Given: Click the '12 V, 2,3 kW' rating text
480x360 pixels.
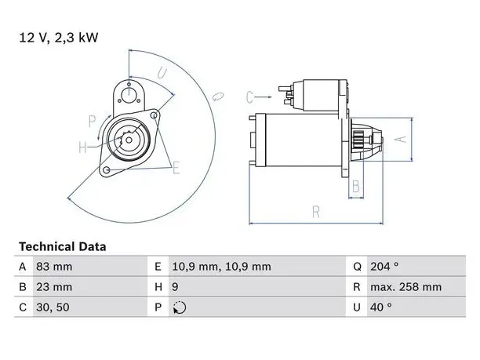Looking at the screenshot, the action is coord(59,38).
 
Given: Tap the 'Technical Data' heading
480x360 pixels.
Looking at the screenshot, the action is coord(63,247).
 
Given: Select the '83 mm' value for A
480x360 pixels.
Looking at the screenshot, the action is coord(54,267).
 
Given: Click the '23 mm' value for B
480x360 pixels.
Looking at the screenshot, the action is coord(54,287).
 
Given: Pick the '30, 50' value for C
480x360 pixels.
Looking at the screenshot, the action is coord(53,307).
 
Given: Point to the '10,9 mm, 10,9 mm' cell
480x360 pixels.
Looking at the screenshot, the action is coord(221,267).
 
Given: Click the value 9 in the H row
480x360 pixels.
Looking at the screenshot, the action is coord(175,287).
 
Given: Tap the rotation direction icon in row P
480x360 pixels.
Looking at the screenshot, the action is coord(180,307).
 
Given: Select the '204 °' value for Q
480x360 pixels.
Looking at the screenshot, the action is coord(384,267).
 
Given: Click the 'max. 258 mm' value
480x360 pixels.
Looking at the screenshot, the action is coord(406,287).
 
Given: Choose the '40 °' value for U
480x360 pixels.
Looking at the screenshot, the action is coord(381,307).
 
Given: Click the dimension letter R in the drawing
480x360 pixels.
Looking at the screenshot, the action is coord(316,212).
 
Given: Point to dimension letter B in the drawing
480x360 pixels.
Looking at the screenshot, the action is coord(356,186).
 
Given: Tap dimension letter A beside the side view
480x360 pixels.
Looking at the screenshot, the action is coord(400,140).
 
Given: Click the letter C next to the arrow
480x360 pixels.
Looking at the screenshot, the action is coord(249,97).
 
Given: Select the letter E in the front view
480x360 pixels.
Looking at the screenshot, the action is coord(176,168).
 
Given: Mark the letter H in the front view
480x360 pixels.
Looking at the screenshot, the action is coord(82,147).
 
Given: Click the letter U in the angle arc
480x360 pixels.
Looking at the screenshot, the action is coord(162,73).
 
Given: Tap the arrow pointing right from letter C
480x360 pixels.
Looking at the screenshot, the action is coord(263,97).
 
